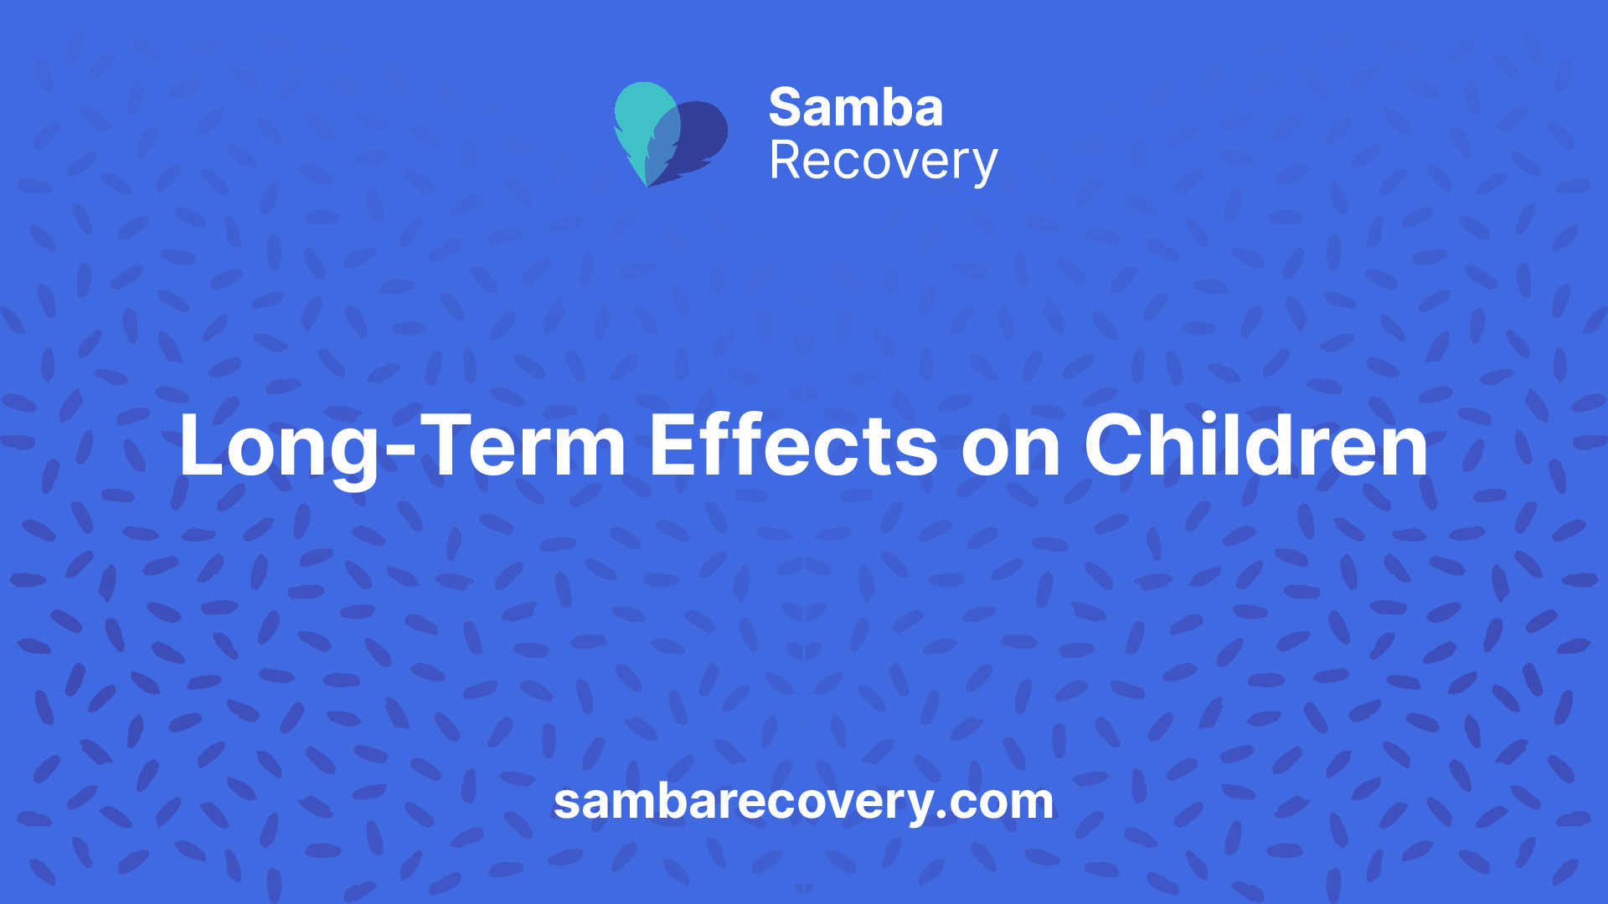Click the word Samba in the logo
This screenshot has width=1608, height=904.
point(856,108)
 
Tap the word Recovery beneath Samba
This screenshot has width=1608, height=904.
point(884,162)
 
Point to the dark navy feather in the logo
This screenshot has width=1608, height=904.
point(695,142)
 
